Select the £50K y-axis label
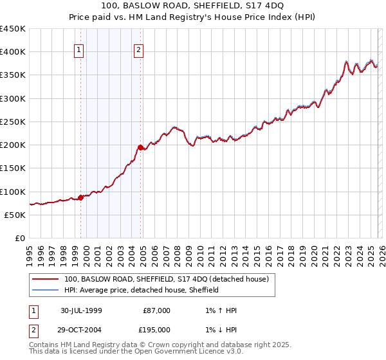click(15, 215)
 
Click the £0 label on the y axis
click(21, 238)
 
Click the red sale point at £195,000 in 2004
click(141, 147)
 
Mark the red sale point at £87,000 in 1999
click(81, 197)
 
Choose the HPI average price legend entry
click(142, 290)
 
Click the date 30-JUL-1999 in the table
click(81, 310)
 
